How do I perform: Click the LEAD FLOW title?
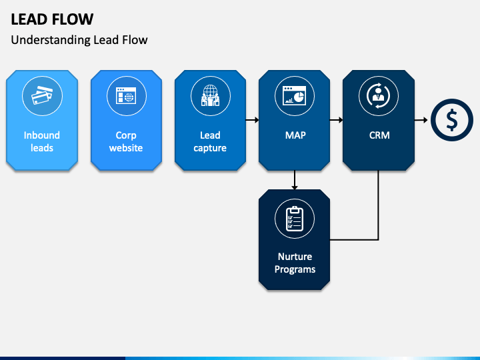52,19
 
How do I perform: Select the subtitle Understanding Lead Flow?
79,40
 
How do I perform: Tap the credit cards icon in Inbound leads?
42,96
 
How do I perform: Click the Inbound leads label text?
42,141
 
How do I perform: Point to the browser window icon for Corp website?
126,95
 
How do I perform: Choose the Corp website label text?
126,141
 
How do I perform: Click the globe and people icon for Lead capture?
210,95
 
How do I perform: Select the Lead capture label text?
210,141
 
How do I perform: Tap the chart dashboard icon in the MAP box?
295,95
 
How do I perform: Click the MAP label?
295,135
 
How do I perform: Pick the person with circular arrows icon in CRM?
379,95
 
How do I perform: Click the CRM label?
379,135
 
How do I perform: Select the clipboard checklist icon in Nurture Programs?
295,219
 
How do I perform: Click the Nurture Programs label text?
295,263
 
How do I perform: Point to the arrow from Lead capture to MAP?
252,120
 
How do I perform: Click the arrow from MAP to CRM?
337,120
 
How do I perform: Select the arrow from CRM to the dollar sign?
421,120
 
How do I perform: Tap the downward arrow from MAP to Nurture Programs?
295,180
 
